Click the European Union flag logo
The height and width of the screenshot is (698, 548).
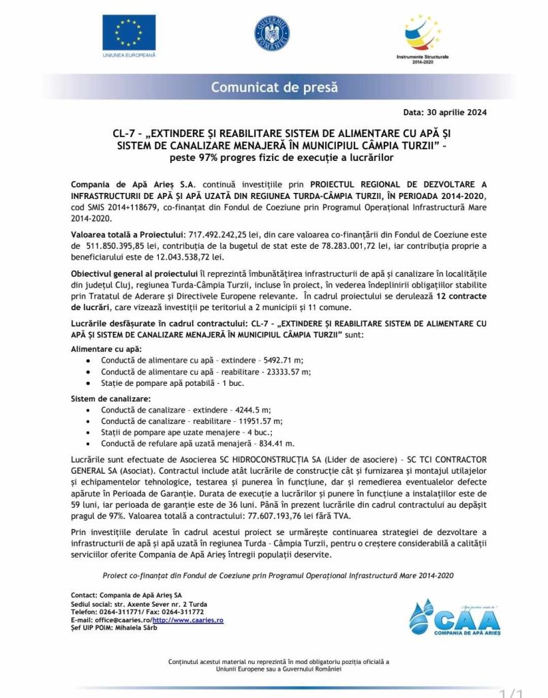point(129,32)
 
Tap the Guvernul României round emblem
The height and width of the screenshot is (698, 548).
point(273,32)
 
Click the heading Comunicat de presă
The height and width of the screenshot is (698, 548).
point(274,87)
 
